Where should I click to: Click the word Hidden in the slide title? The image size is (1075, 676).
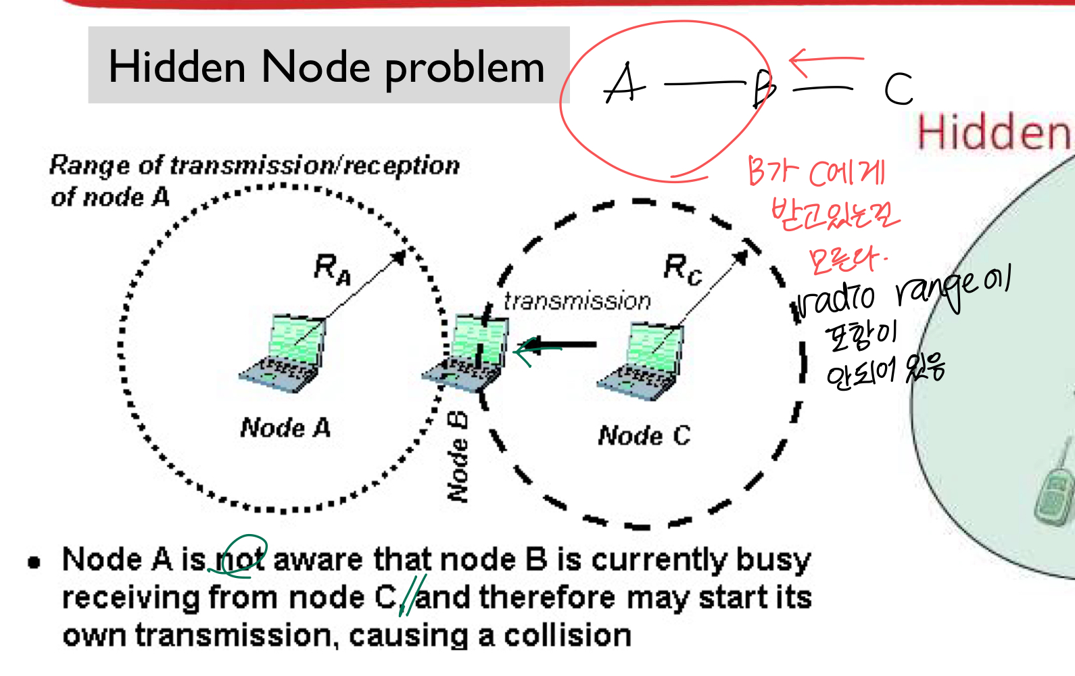(177, 67)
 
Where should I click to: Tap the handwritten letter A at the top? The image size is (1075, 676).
(623, 84)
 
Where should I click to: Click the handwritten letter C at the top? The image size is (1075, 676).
(899, 89)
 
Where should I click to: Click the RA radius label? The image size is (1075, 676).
(332, 268)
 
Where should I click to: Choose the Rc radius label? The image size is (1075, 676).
(682, 269)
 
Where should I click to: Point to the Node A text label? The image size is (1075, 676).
(285, 428)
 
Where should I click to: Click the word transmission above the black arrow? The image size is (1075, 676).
(577, 301)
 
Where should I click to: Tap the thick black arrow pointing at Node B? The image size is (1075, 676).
(561, 345)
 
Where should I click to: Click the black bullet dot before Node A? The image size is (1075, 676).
(34, 562)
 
